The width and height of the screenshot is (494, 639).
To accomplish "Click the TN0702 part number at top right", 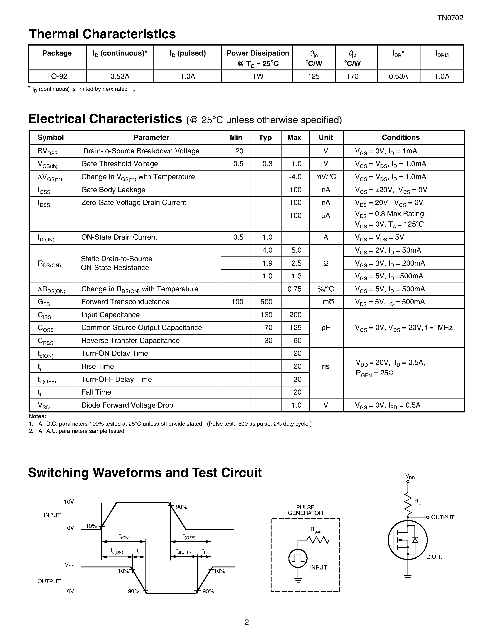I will coord(450,18).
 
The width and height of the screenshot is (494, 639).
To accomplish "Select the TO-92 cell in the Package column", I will coord(57,76).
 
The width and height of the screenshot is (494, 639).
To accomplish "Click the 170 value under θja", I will coord(352,76).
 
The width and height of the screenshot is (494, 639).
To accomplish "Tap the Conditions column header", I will coord(400,138).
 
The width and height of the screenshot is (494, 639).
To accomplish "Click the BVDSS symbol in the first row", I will coord(47,152).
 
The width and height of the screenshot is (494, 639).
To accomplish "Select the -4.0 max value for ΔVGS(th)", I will coord(295,177).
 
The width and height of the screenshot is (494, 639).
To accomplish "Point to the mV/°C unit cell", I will coord(325,177).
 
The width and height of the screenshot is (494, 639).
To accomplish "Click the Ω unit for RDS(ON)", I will coord(326,263).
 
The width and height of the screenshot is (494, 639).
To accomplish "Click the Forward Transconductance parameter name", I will coord(125,302).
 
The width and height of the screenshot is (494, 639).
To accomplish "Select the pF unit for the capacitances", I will coord(325,328).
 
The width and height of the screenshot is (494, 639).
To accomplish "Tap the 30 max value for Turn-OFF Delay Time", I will coord(297,379).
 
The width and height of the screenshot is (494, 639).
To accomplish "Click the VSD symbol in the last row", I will coord(44,405).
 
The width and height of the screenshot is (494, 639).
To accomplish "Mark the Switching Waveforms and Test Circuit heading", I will coord(145,473).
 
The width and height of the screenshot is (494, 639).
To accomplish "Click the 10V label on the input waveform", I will coord(69,502).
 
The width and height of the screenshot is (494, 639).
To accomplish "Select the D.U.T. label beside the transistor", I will coord(434,557).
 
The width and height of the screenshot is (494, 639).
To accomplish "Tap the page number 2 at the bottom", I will coord(246,622).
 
